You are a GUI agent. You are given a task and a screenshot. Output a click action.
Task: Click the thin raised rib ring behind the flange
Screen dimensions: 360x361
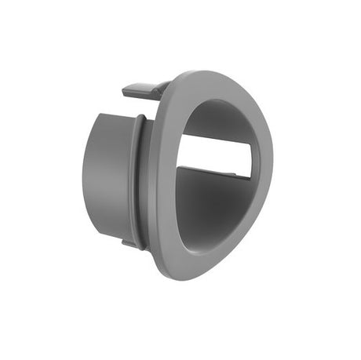click(139, 180)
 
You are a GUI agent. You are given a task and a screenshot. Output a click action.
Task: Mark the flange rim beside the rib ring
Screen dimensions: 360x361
click(158, 180)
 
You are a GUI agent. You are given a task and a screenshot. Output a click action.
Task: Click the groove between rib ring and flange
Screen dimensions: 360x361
click(147, 180)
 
